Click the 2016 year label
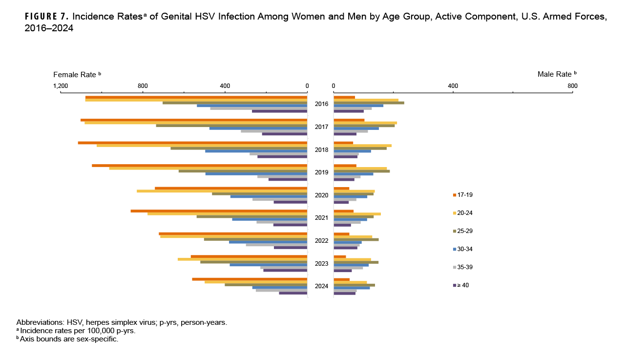click(x=321, y=104)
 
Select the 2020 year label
click(x=321, y=195)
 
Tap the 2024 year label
click(x=321, y=286)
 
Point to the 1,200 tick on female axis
click(x=61, y=86)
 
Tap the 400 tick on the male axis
click(x=453, y=86)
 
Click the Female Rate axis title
click(x=77, y=74)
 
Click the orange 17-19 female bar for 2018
click(x=192, y=143)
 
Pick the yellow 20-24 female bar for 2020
click(x=222, y=191)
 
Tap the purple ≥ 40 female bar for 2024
click(x=293, y=293)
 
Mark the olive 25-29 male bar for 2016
click(x=369, y=103)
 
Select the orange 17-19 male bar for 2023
click(x=340, y=257)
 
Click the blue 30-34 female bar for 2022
click(x=268, y=242)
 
